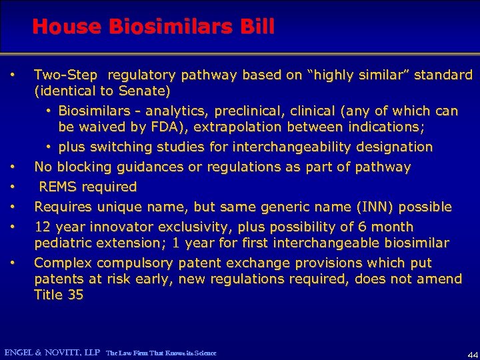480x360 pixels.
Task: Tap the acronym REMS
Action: click(x=57, y=187)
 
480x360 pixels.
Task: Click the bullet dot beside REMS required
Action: click(x=13, y=187)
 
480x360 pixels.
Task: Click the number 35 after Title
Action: click(x=75, y=295)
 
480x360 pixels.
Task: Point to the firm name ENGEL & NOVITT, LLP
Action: click(x=52, y=352)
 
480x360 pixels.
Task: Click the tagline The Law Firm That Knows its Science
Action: click(x=161, y=353)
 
